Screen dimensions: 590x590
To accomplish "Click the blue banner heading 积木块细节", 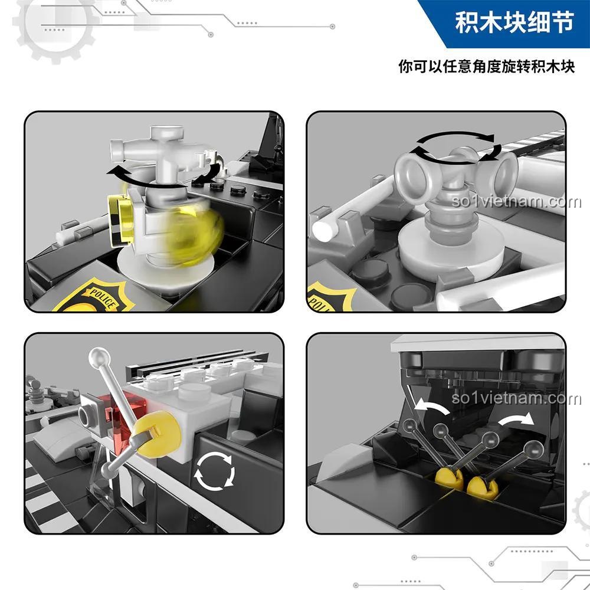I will (514, 24).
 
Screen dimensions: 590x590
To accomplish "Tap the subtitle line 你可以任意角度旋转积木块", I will (486, 65).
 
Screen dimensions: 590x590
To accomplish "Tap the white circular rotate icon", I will (215, 473).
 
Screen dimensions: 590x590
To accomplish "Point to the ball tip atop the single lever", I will (96, 356).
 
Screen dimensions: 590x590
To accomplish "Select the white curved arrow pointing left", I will (429, 408).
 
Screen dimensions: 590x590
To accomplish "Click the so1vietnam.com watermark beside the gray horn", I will (516, 202).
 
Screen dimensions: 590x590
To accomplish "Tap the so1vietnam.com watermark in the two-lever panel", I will (516, 399).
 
